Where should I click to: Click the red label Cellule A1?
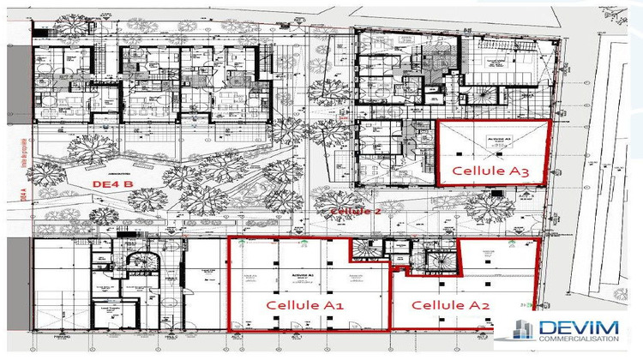click(x=304, y=304)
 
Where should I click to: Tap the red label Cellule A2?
click(x=450, y=305)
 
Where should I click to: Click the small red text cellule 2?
click(x=354, y=210)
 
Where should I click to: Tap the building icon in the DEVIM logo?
click(x=521, y=334)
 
